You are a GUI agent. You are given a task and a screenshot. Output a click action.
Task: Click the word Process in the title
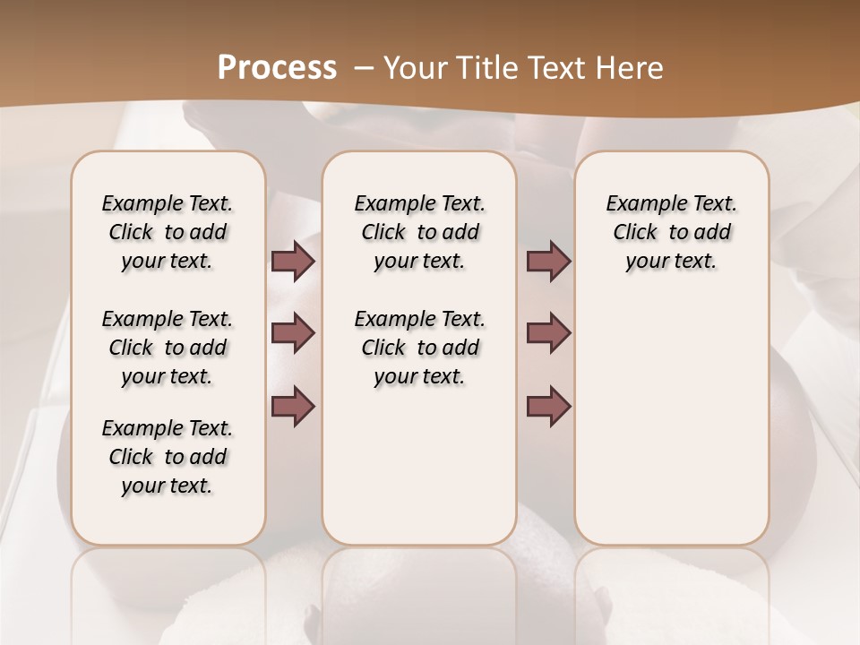click(x=277, y=67)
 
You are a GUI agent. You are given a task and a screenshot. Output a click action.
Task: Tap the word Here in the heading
click(x=631, y=67)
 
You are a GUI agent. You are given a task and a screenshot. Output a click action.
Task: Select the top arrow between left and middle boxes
click(x=293, y=262)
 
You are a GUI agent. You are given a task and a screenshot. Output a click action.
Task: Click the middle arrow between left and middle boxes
click(x=293, y=333)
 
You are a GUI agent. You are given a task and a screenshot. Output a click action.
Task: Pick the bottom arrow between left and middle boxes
click(x=293, y=407)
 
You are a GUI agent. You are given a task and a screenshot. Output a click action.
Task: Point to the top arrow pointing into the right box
click(x=548, y=262)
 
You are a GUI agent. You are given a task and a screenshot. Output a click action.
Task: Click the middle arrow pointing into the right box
click(x=548, y=333)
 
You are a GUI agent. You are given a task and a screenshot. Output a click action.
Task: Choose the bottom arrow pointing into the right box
click(x=548, y=407)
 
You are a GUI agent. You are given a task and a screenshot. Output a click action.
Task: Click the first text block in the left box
click(x=168, y=232)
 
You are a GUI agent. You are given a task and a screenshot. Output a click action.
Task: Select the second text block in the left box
click(x=168, y=348)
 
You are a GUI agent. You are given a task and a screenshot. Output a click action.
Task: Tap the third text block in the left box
click(x=168, y=457)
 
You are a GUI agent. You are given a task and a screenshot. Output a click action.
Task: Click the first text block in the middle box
click(x=419, y=232)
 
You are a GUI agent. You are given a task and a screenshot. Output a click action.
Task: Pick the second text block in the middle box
click(x=419, y=348)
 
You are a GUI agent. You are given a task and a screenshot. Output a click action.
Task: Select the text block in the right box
click(x=671, y=232)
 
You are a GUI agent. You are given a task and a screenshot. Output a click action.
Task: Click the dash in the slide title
click(x=364, y=67)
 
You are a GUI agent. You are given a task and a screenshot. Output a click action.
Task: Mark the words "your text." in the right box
click(x=671, y=262)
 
